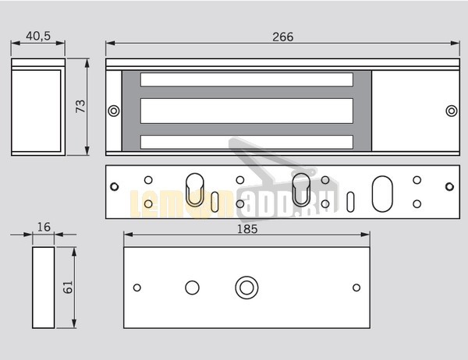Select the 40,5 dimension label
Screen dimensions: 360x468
(38, 37)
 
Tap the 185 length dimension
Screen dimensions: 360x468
(246, 229)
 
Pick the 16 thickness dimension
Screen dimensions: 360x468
(43, 228)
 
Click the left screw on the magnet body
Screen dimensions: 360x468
(114, 110)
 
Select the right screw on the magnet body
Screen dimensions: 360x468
(451, 111)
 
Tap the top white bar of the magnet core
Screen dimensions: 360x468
(247, 79)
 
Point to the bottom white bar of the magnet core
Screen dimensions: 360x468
(247, 141)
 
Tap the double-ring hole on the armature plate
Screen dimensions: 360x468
(247, 287)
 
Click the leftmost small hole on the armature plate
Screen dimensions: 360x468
(137, 287)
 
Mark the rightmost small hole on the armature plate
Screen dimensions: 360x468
(356, 287)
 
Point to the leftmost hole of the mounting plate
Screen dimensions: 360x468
(115, 187)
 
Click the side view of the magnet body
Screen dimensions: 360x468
(38, 107)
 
